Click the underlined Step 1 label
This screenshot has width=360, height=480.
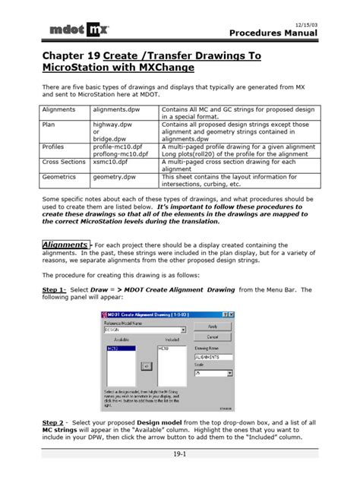click(x=55, y=290)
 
